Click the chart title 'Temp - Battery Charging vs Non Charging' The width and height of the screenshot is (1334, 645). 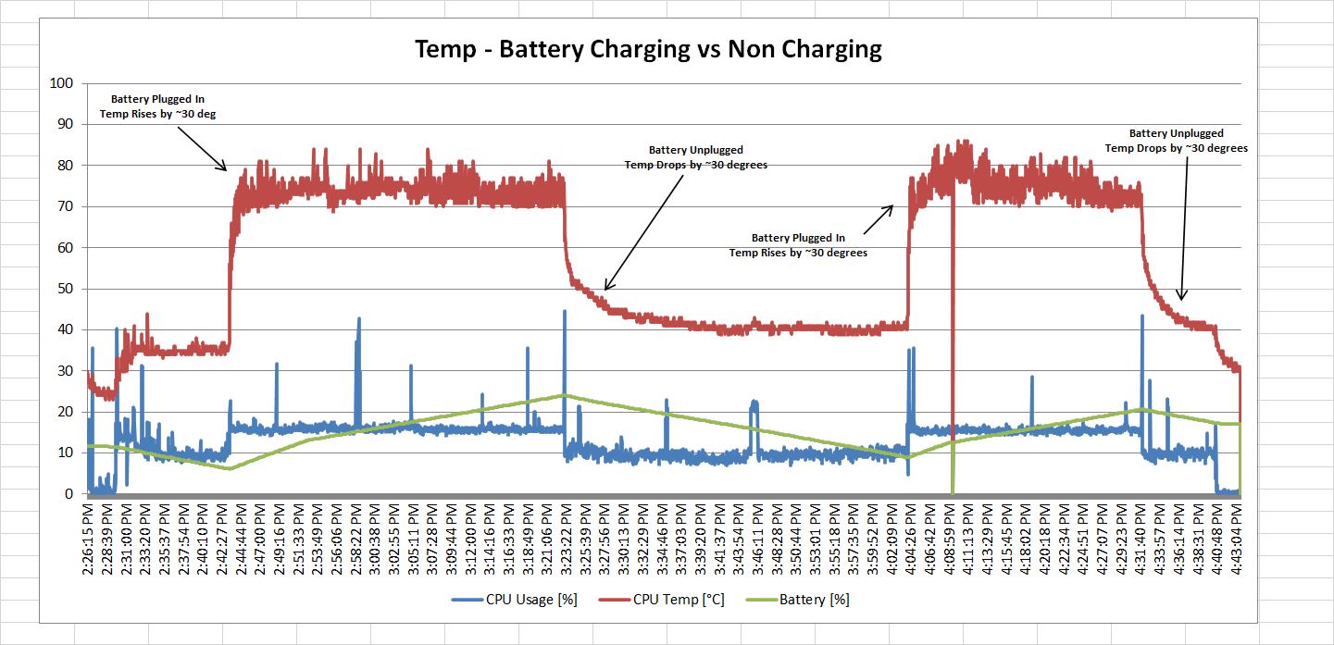648,49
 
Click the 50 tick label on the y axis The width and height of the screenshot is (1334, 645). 64,289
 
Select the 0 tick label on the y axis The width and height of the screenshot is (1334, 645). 68,494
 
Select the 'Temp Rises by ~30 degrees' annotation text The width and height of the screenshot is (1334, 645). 798,253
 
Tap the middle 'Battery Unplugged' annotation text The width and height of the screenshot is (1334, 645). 695,150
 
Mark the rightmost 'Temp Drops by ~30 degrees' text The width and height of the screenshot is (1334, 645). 1176,148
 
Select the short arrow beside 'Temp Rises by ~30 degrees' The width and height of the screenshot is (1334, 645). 879,218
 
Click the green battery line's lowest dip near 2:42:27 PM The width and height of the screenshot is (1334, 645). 229,468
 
